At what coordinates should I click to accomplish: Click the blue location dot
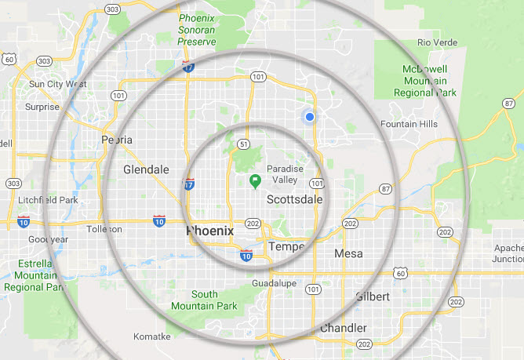click(x=310, y=117)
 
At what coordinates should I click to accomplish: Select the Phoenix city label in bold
click(x=209, y=231)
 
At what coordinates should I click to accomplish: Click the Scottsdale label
click(x=295, y=200)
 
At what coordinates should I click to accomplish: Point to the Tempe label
click(x=286, y=246)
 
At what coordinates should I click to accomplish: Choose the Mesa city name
click(x=348, y=253)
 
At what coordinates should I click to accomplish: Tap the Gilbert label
click(x=372, y=296)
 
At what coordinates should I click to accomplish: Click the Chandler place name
click(x=343, y=328)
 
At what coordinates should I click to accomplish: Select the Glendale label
click(x=146, y=169)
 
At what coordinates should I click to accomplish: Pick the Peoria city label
click(x=117, y=140)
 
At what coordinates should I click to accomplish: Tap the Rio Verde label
click(x=437, y=42)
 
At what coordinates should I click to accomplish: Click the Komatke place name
click(x=152, y=336)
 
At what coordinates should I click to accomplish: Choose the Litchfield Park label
click(x=48, y=200)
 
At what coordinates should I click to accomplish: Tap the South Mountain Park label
click(x=194, y=300)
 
